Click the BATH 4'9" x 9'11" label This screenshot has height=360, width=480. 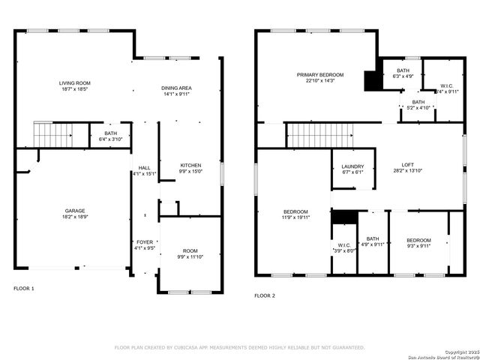point(373,241)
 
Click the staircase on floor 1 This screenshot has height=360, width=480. point(52,135)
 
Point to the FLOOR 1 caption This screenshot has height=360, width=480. point(24,288)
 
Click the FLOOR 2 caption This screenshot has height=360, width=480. point(265,295)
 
